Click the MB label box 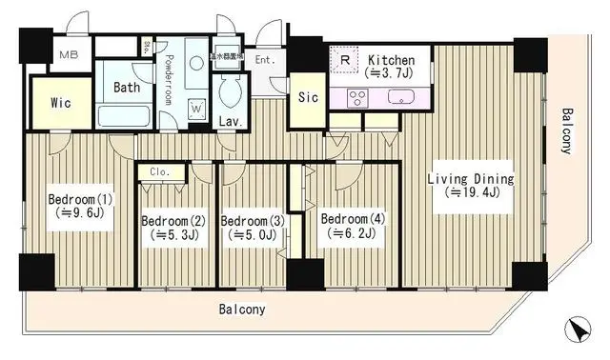(x=71, y=55)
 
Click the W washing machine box (x=195, y=109)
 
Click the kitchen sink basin (x=397, y=96)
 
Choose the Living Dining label (x=470, y=179)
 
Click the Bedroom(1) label (x=81, y=199)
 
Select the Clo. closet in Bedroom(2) (x=160, y=172)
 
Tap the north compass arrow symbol (x=577, y=330)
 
